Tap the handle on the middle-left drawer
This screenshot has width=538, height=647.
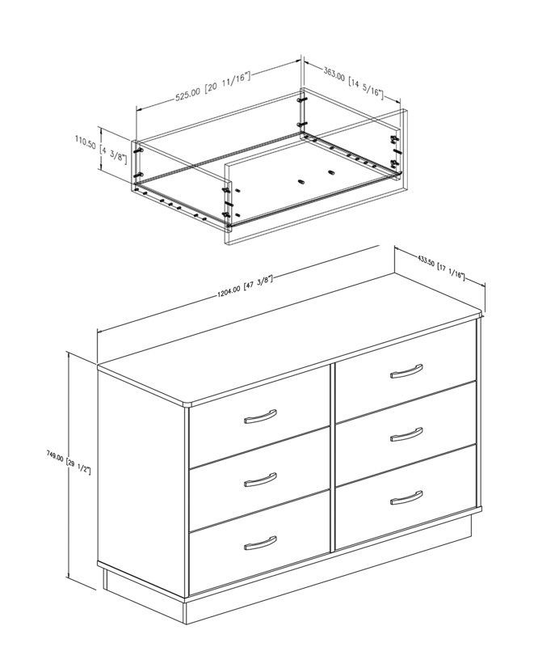coord(259,480)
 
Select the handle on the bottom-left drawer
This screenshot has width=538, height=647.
coord(259,541)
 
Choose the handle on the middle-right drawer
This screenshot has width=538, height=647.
coord(406,434)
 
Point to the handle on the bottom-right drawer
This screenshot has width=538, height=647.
coord(406,496)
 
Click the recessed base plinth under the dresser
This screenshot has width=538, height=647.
coord(323,582)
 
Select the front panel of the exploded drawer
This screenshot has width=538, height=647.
coord(315,202)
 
